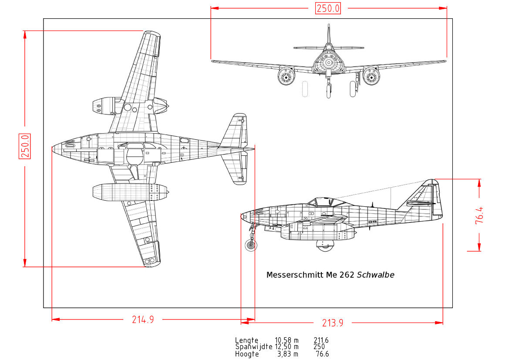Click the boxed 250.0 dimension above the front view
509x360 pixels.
point(328,8)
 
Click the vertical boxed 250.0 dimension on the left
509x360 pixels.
point(25,146)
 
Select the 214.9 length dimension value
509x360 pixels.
point(143,320)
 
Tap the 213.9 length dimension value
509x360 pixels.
point(332,323)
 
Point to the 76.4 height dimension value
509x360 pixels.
point(479,215)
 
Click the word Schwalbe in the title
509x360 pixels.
point(375,275)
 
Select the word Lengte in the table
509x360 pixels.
point(246,340)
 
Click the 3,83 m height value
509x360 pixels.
point(288,354)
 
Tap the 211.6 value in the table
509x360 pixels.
point(321,340)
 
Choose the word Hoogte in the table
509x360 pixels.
point(246,354)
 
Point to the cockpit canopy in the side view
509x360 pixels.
point(320,202)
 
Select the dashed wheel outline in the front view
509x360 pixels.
point(305,89)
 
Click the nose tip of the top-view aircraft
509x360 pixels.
point(53,149)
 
